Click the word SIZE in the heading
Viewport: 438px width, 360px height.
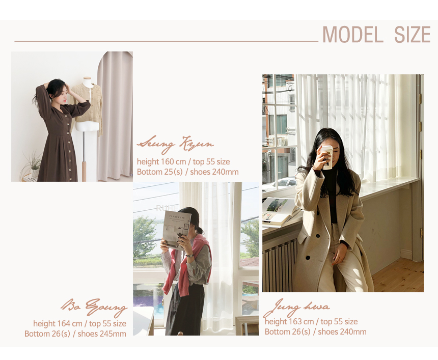(413, 35)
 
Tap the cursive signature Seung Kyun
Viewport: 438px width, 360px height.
(175, 144)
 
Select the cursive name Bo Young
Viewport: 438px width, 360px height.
(94, 307)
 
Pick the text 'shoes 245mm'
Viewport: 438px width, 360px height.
(102, 334)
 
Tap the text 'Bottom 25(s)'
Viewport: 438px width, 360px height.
(160, 172)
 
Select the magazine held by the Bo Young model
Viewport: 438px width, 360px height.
(177, 230)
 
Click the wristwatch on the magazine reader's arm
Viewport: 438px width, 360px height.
(189, 255)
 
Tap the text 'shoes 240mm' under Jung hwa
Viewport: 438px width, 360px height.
(342, 332)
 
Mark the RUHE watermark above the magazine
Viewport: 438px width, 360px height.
(167, 208)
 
